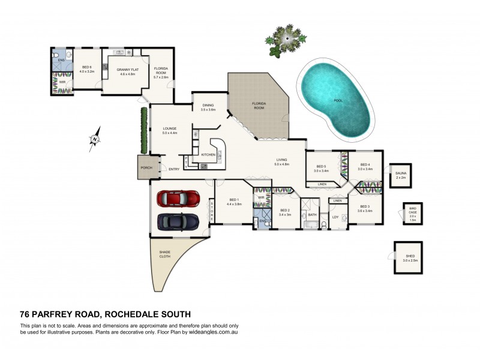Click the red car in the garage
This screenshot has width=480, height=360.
178,198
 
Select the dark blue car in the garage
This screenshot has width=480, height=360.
178,221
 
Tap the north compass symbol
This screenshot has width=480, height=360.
95,139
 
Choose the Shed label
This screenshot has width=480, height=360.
410,256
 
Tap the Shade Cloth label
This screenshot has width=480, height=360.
164,254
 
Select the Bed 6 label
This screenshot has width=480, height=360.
87,67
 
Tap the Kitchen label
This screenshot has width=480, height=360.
208,155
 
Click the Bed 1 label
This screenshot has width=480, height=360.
233,200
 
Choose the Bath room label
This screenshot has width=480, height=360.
312,214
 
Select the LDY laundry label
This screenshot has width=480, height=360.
335,217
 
